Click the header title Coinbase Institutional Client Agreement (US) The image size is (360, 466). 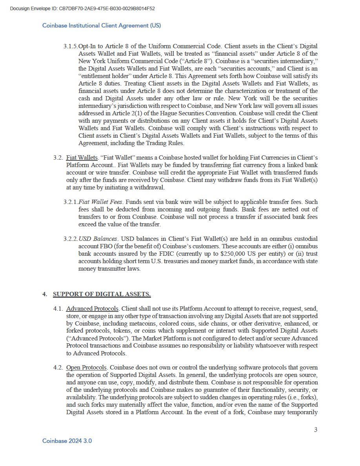tap(102, 25)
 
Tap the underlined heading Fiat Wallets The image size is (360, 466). tap(82, 158)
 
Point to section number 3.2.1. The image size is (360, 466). tap(71, 202)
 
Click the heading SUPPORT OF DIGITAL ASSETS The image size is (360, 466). tap(102, 294)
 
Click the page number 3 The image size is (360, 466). tap(316, 430)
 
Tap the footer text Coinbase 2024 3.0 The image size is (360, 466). tap(67, 441)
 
